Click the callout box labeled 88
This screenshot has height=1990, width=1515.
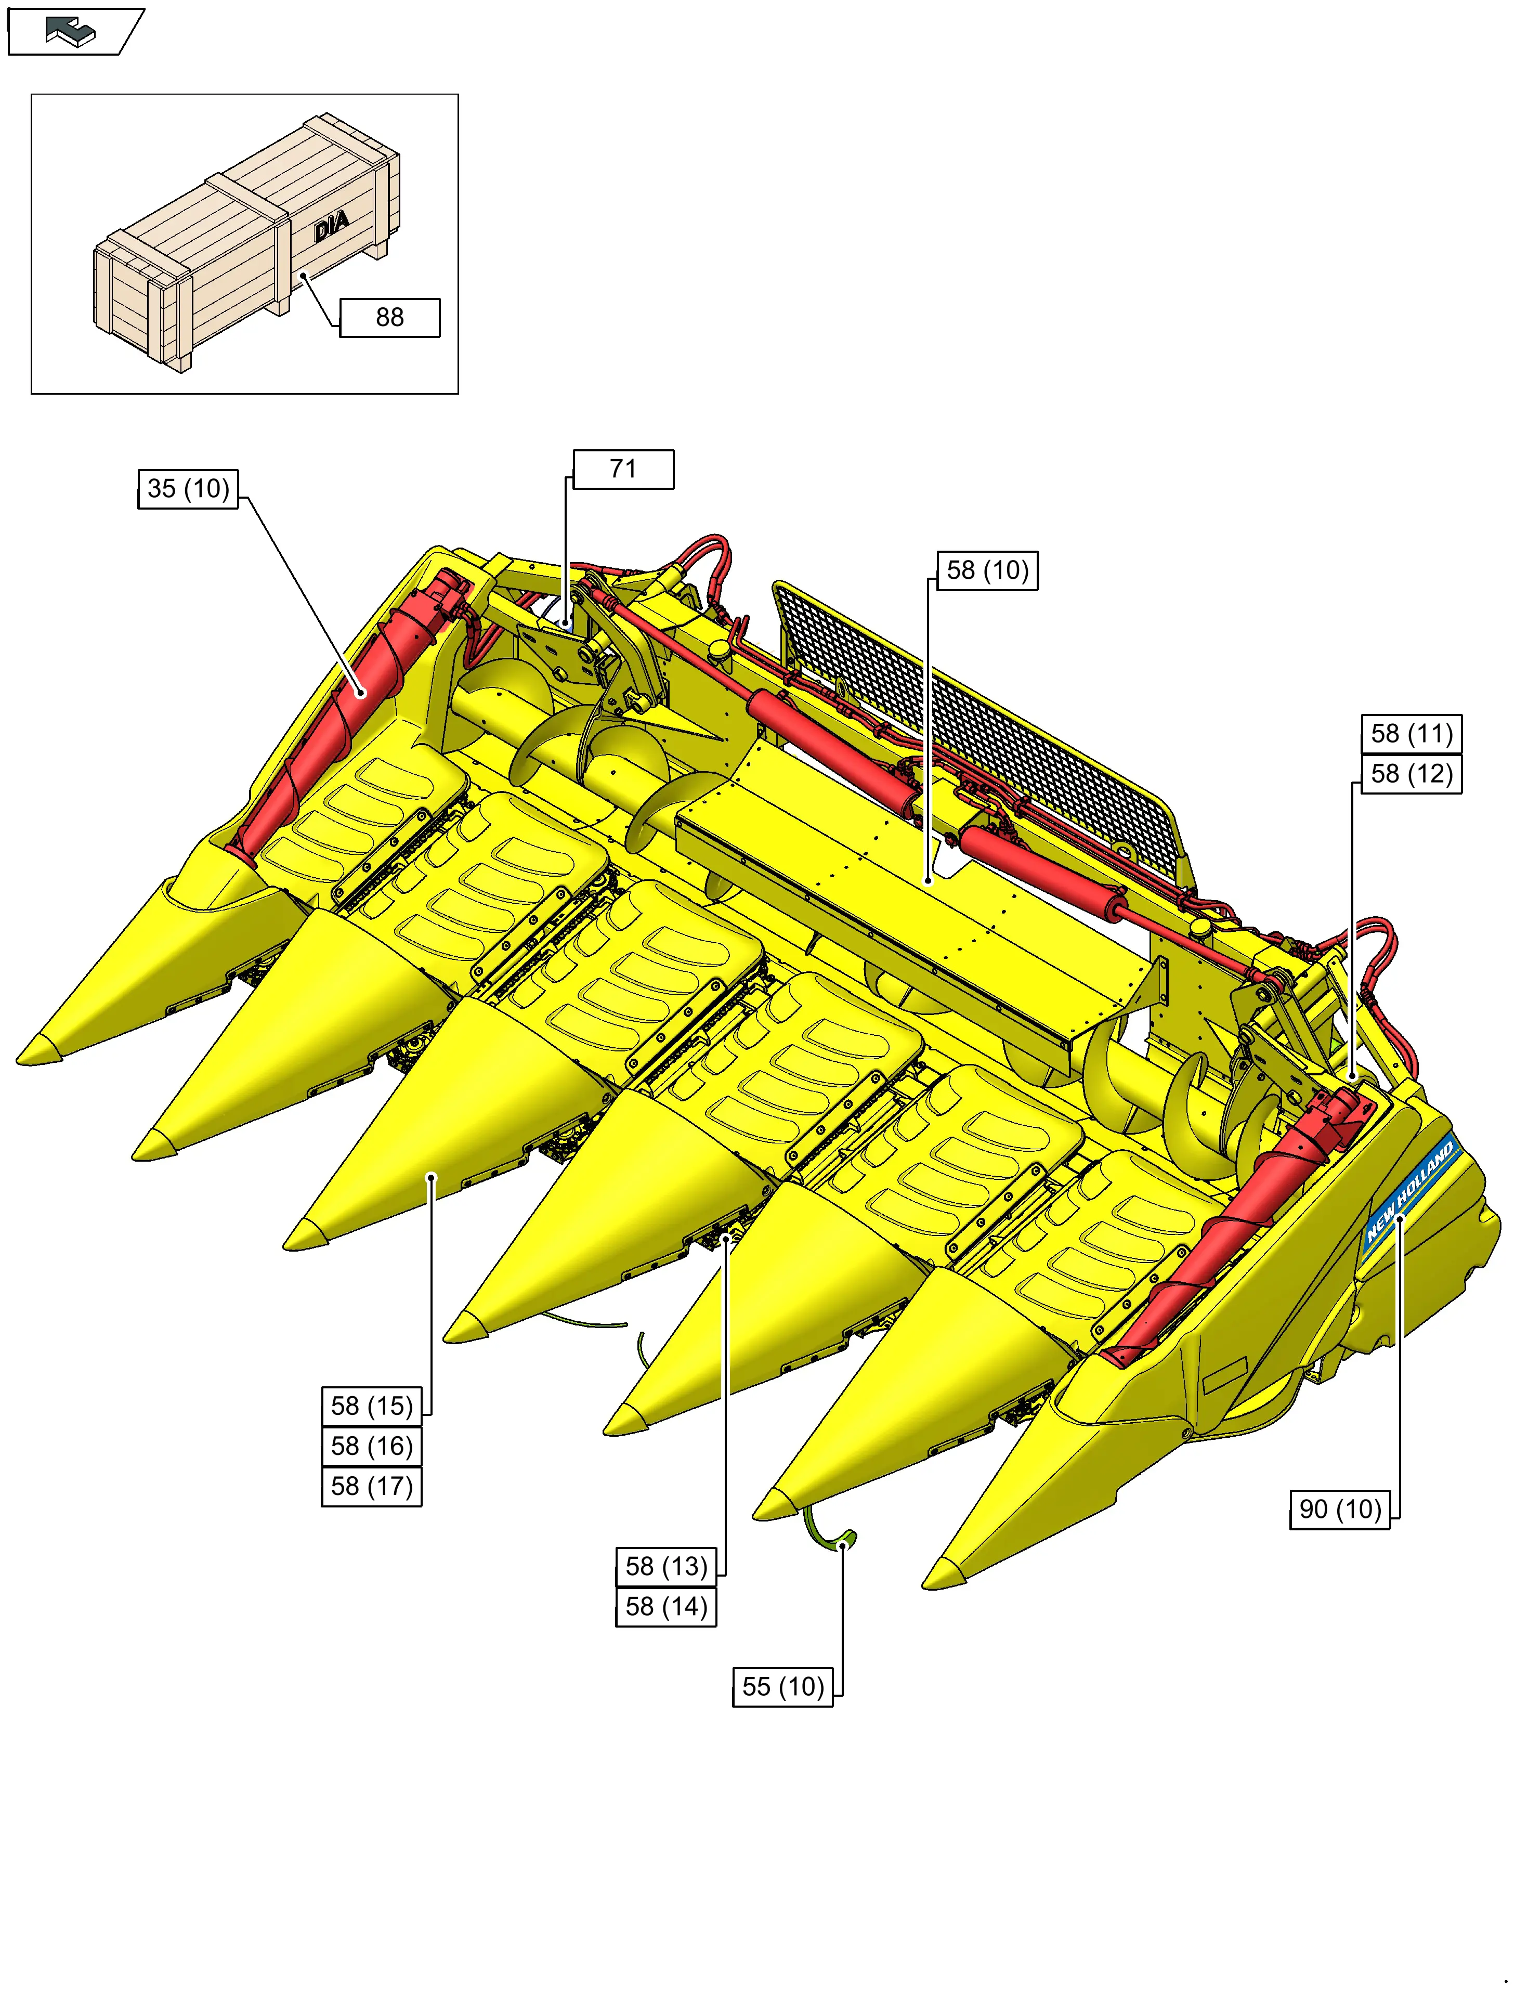pyautogui.click(x=389, y=317)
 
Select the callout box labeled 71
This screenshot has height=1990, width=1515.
pyautogui.click(x=623, y=469)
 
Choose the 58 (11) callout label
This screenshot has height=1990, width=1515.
pyautogui.click(x=1412, y=734)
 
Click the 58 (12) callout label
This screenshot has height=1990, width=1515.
pyautogui.click(x=1412, y=774)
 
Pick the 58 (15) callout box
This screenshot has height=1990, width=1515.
pyautogui.click(x=372, y=1406)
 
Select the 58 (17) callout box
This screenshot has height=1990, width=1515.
pyautogui.click(x=372, y=1486)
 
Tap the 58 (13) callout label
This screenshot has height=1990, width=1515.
pyautogui.click(x=667, y=1566)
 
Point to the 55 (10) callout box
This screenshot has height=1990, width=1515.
pyautogui.click(x=783, y=1686)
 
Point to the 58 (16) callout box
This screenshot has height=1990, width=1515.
pyautogui.click(x=372, y=1446)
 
